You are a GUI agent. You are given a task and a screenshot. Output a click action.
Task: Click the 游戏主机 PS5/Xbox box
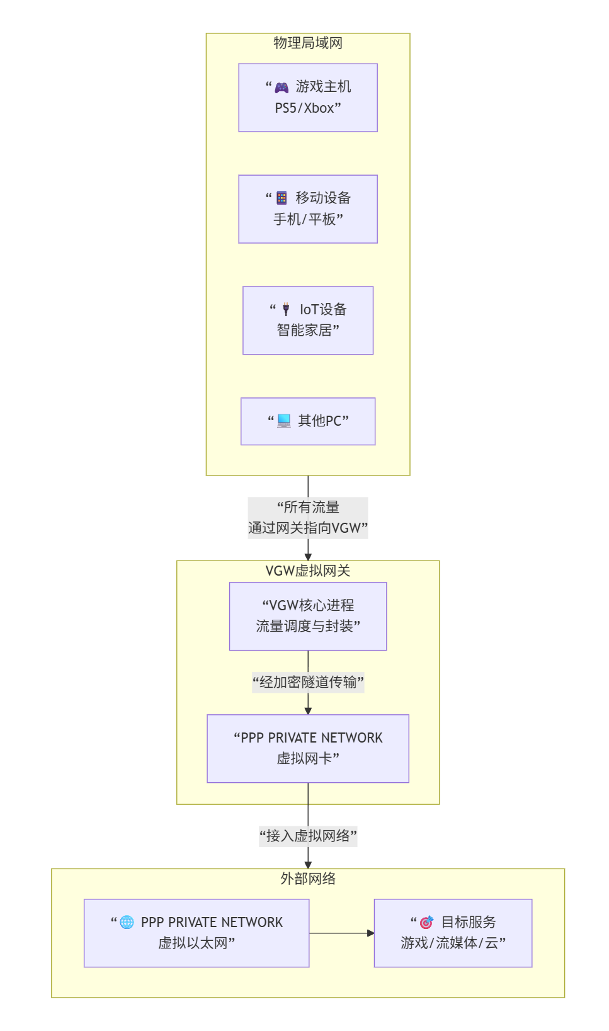click(307, 98)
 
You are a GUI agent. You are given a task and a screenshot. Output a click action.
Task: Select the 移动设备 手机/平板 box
click(307, 209)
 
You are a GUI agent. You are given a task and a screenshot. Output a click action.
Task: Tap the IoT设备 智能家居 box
click(307, 321)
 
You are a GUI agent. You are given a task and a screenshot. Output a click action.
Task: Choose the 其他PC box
click(307, 421)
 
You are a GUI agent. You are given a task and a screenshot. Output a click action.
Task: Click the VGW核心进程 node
click(307, 616)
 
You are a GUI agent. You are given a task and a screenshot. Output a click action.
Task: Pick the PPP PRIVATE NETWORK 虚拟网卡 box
click(307, 748)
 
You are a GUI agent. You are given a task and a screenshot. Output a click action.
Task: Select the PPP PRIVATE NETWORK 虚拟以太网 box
click(196, 933)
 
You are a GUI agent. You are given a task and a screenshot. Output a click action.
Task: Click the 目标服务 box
click(453, 933)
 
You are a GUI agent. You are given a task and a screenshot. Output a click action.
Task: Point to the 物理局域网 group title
click(307, 43)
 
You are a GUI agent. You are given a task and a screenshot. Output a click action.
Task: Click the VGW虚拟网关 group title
click(307, 571)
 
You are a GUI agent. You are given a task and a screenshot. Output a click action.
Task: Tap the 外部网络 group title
click(307, 879)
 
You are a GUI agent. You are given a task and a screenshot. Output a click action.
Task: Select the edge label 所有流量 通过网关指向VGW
click(307, 518)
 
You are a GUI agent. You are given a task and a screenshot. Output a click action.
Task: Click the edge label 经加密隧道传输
click(307, 682)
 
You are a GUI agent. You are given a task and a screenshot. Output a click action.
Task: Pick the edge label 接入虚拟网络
click(307, 836)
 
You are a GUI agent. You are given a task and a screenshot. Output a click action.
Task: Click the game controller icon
click(282, 88)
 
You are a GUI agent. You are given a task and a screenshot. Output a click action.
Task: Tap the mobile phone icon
click(282, 198)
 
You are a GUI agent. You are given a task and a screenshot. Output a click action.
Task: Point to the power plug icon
click(286, 309)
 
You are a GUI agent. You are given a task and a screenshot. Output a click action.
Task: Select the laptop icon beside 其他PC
click(284, 420)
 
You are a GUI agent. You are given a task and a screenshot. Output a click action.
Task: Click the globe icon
click(127, 922)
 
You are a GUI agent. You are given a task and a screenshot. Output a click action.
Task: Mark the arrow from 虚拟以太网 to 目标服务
click(341, 933)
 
